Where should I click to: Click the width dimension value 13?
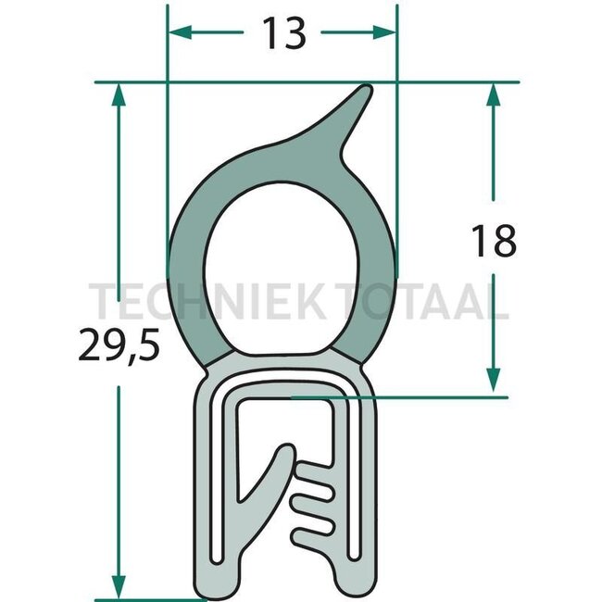[282, 34]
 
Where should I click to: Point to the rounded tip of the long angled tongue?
[284, 453]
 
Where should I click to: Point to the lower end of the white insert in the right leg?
[352, 556]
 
